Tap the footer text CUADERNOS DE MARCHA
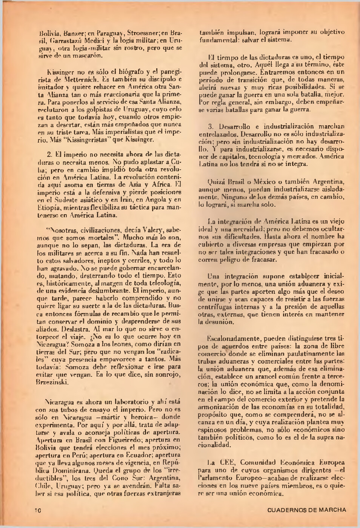coord(306,510)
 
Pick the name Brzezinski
coord(53,382)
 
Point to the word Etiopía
coord(48,207)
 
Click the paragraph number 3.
coord(210,126)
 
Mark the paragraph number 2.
coord(49,154)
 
